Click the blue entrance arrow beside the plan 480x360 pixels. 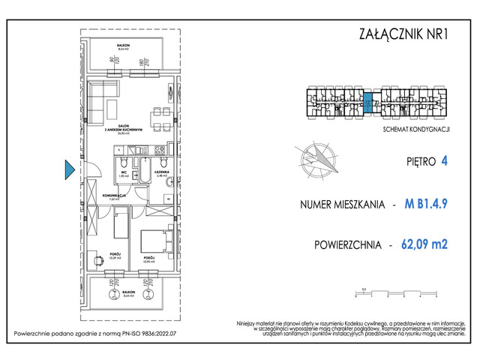pos(68,170)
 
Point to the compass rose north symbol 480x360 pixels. pos(318,160)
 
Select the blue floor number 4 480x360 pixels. pos(445,160)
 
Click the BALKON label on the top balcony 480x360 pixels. pos(124,46)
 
